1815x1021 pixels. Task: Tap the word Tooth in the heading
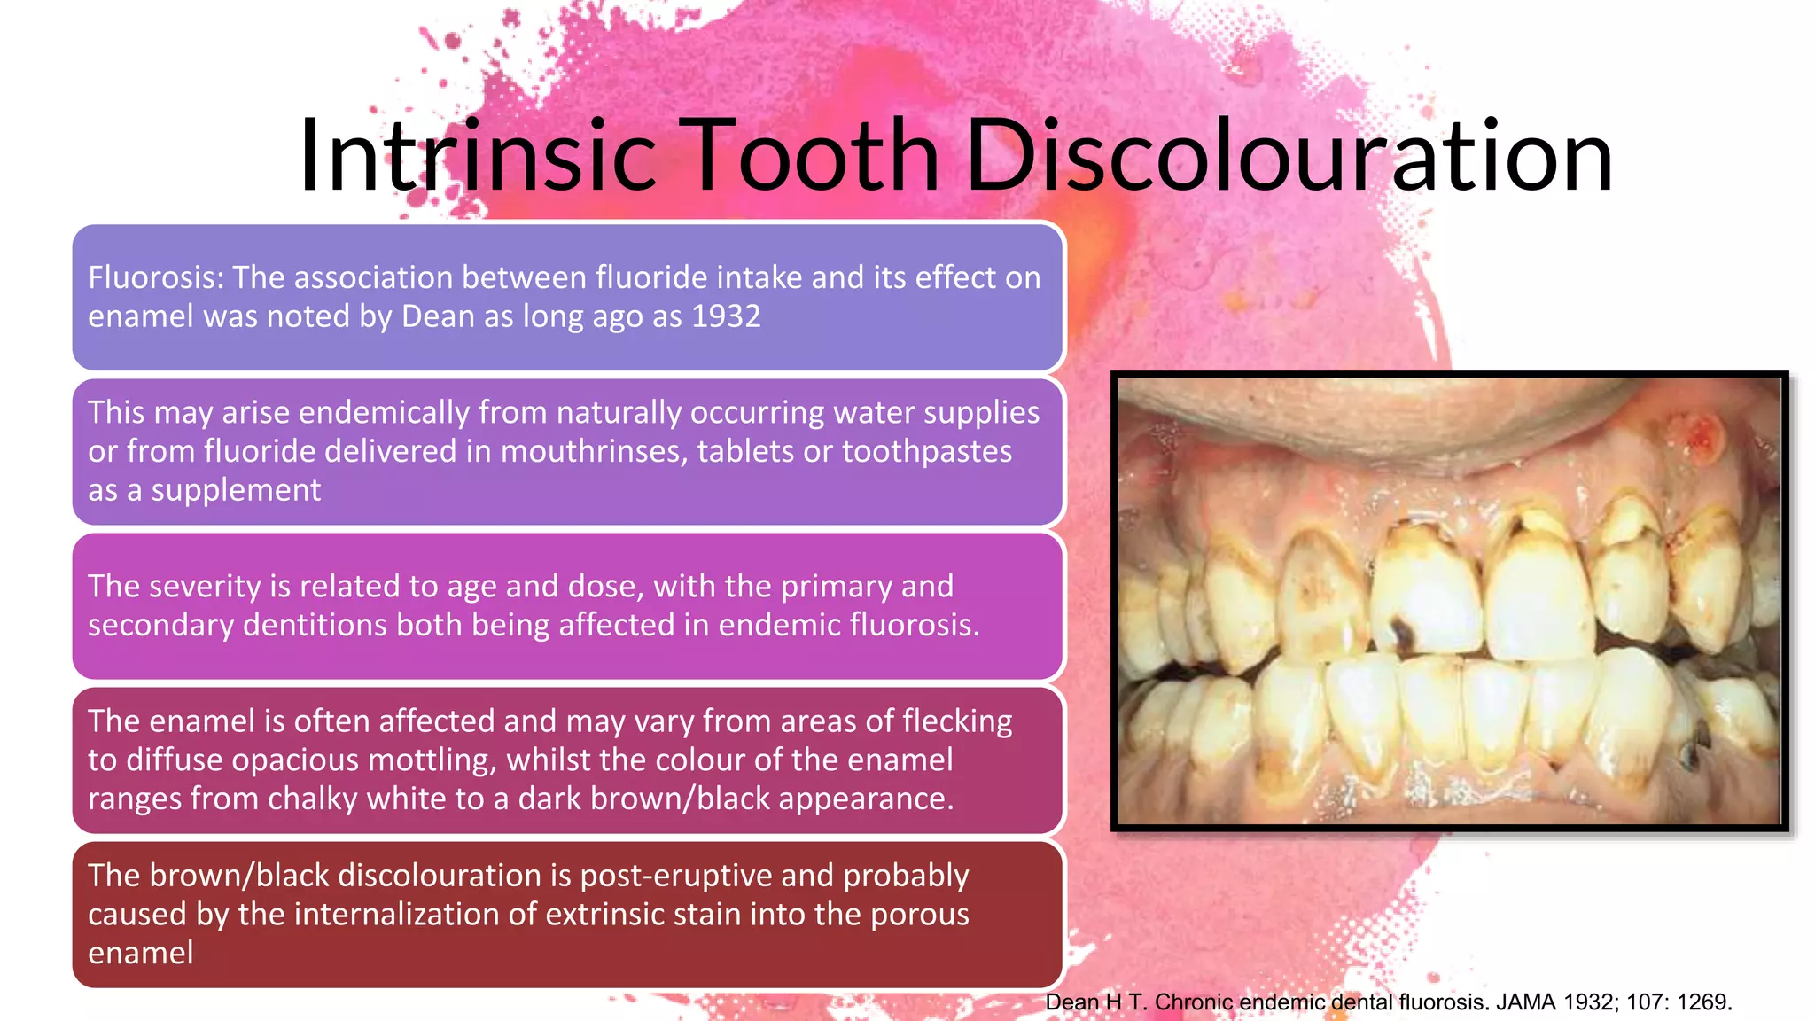coord(814,156)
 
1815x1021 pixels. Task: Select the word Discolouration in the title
coord(1289,156)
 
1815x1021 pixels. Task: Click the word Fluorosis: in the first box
coord(156,278)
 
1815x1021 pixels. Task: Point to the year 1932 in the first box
coord(726,317)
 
